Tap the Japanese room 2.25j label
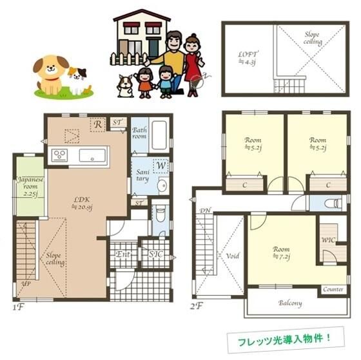(x=28, y=185)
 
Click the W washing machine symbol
(x=161, y=166)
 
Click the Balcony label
(x=290, y=303)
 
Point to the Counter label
(x=333, y=290)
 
